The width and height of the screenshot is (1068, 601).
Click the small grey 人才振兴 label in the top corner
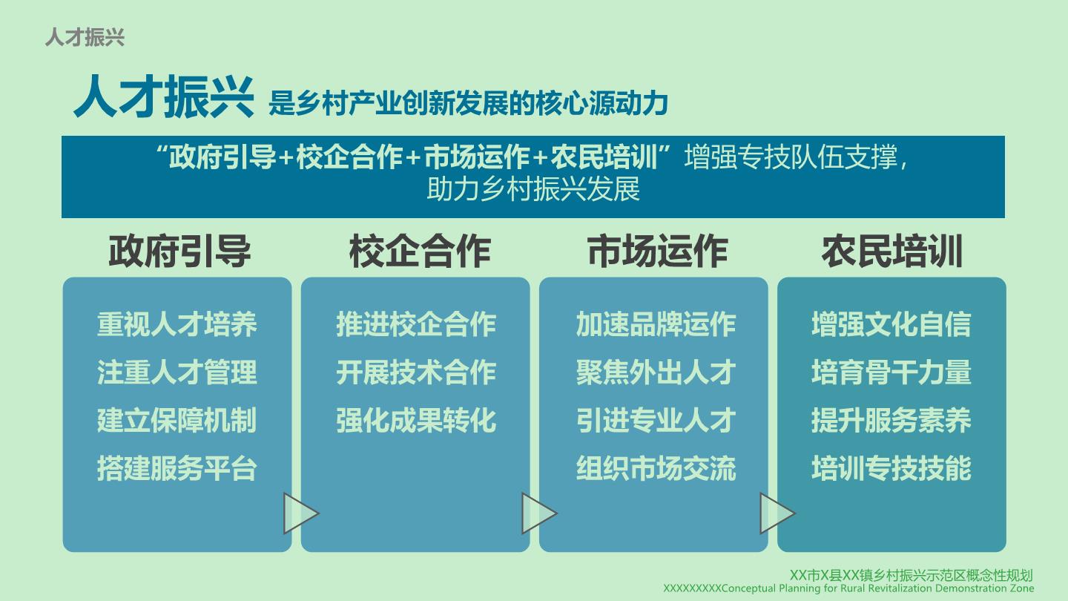coord(85,37)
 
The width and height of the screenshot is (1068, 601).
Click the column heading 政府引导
coord(179,252)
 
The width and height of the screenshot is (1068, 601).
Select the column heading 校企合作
coord(420,252)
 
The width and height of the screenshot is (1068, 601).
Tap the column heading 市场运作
coord(657,252)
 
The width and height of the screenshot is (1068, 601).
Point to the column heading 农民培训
coord(892,252)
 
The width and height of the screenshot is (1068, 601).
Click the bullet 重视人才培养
coord(177,324)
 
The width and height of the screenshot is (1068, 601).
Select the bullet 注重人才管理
coord(177,372)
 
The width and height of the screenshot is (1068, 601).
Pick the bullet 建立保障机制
coord(177,420)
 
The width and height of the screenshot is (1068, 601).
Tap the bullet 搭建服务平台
coord(177,468)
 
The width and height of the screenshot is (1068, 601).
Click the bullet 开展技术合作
coord(416,372)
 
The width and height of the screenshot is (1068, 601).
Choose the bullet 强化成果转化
coord(416,420)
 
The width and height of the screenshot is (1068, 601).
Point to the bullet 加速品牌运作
coord(656,324)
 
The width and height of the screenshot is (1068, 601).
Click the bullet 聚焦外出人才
coord(656,372)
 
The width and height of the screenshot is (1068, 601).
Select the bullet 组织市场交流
coord(656,468)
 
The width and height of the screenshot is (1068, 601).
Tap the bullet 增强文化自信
coord(891,324)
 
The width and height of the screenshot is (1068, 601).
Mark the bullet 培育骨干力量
coord(891,372)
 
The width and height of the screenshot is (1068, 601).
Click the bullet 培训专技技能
coord(891,468)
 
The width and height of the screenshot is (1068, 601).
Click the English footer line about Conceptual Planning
coord(848,588)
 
